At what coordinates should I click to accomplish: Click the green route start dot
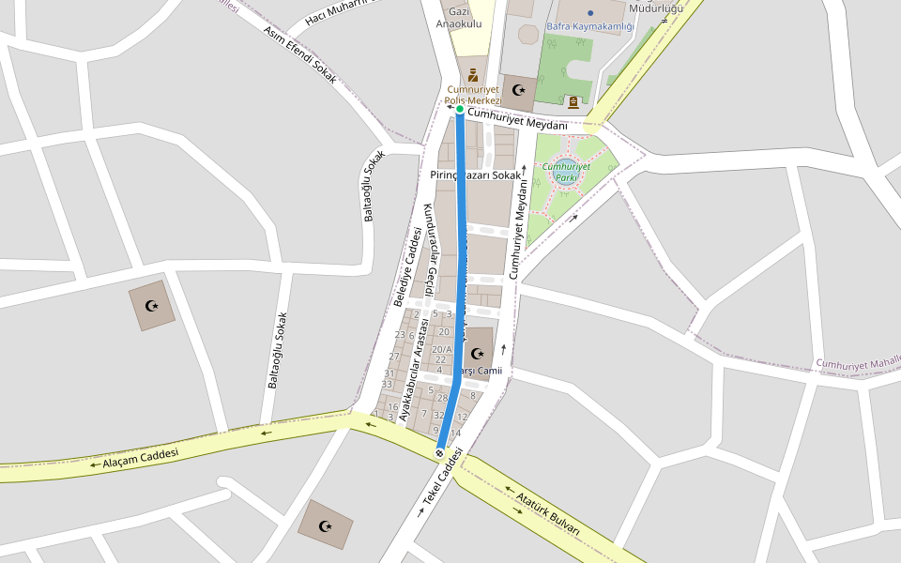point(460,110)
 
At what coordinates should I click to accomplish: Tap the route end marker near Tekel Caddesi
point(439,453)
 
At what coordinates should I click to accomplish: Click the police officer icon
point(473,74)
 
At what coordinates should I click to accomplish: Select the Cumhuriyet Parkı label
point(566,172)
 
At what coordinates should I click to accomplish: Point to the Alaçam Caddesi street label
point(141,458)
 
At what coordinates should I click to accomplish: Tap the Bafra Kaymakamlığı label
point(590,26)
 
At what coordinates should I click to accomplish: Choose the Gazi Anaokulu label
point(459,17)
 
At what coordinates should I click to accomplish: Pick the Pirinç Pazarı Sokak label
point(474,175)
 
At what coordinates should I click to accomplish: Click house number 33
point(387,384)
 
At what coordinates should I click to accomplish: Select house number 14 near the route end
point(455,433)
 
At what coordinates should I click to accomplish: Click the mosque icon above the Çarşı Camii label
point(478,354)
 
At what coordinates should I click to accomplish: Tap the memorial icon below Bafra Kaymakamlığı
point(573,101)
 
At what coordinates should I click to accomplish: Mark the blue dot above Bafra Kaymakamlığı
point(590,13)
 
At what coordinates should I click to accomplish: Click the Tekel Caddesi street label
point(443,482)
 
